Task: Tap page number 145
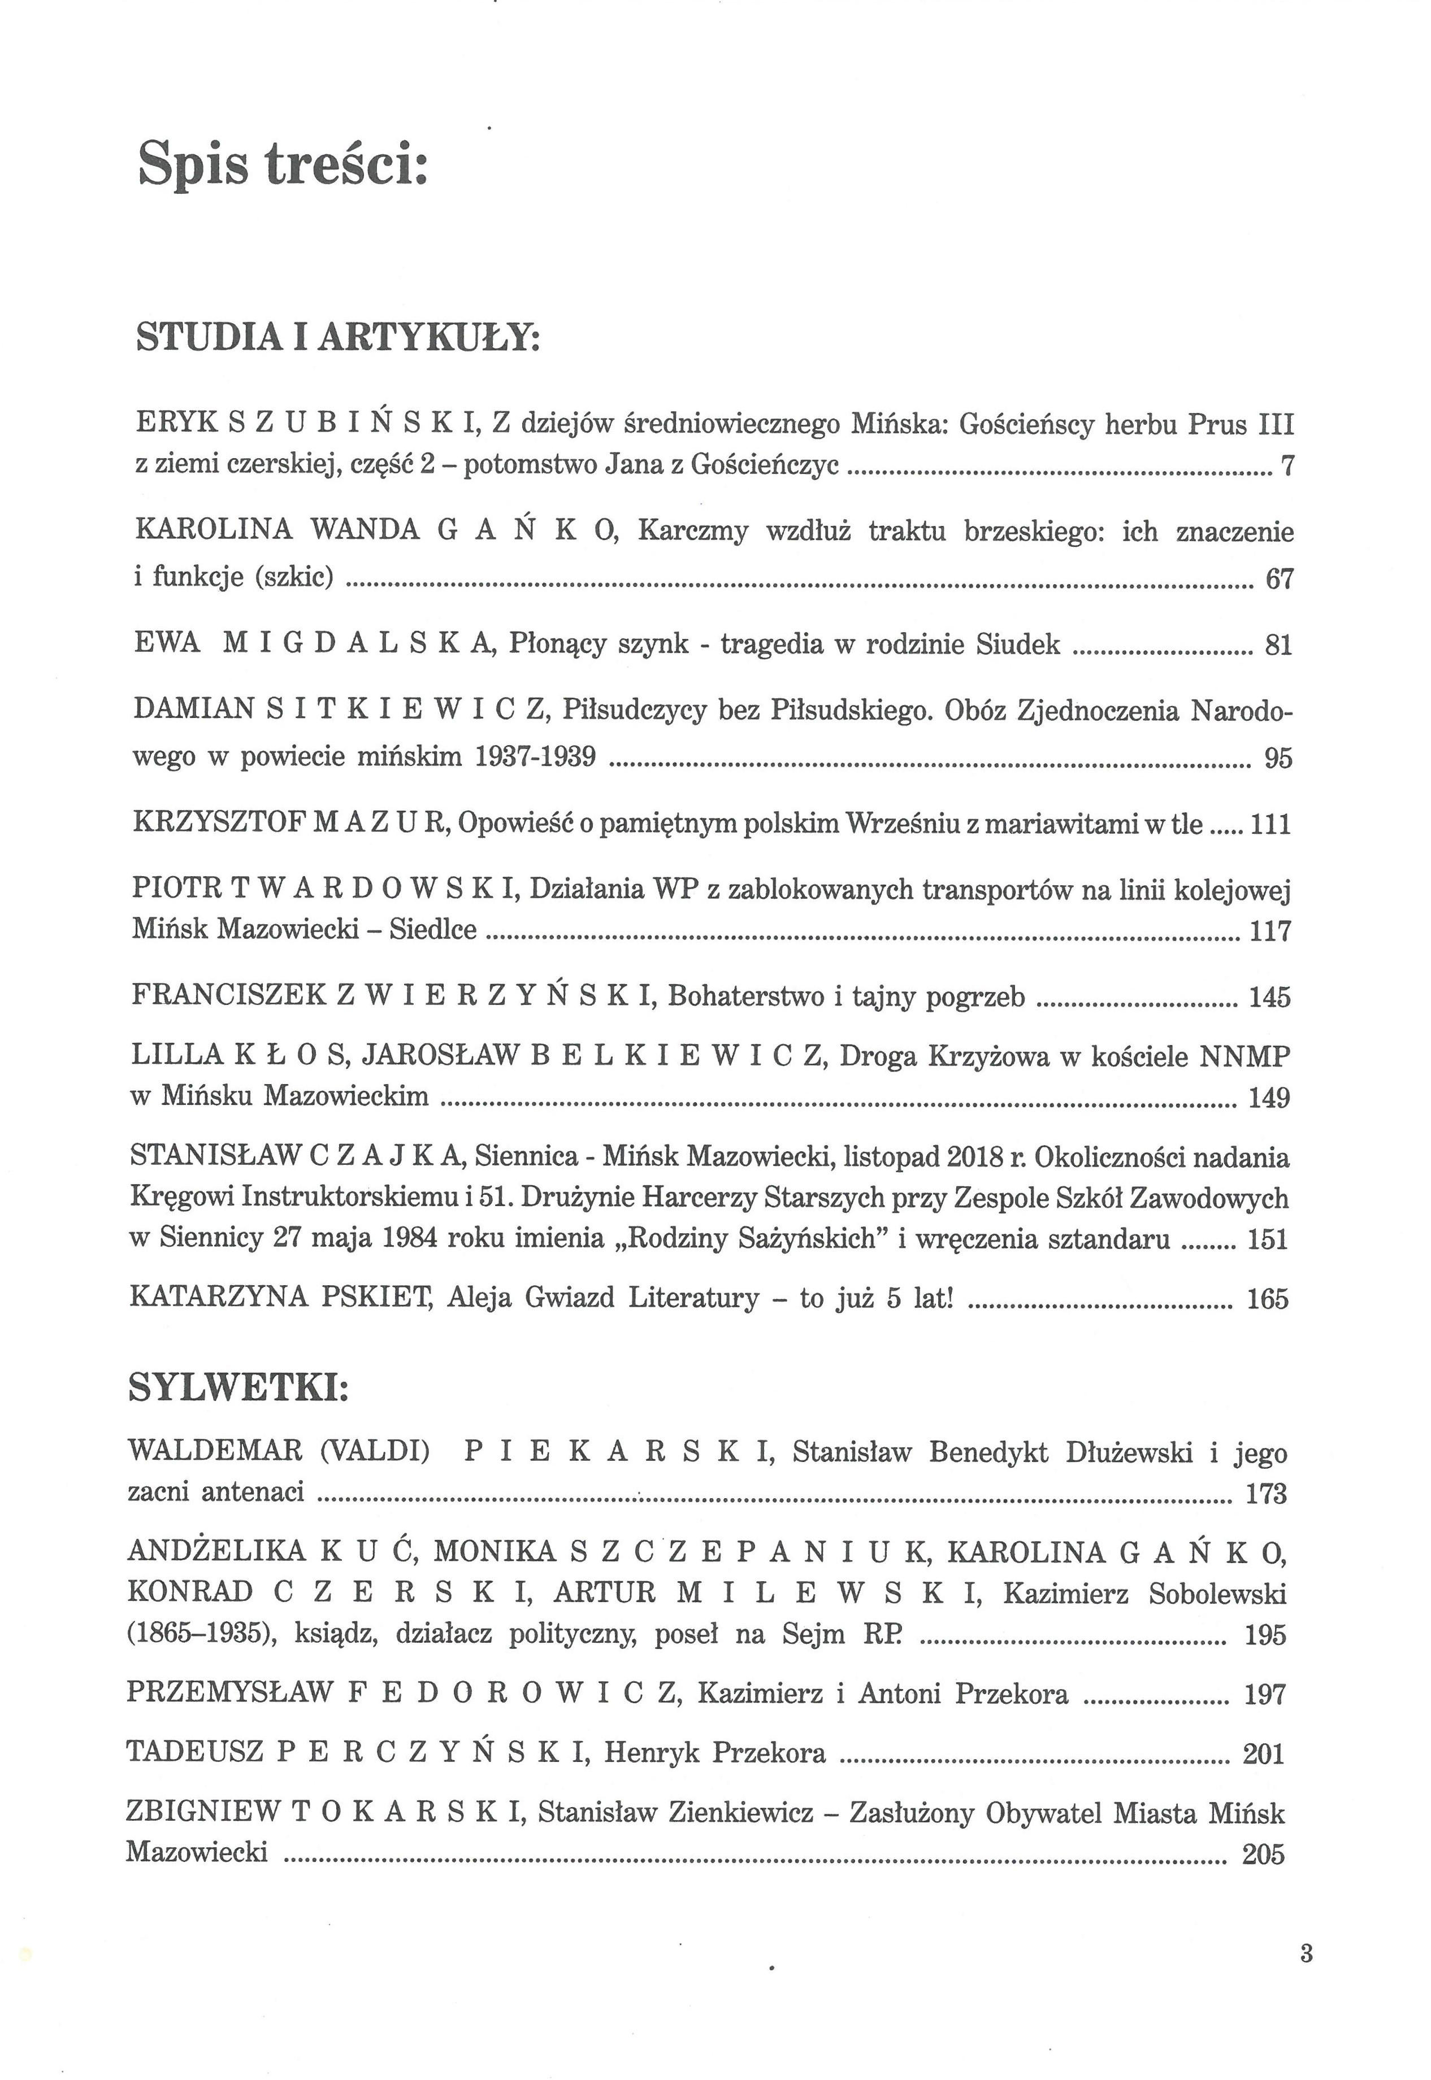coord(1269,997)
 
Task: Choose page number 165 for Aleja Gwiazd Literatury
coord(1267,1299)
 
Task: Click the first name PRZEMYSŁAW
coord(231,1693)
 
